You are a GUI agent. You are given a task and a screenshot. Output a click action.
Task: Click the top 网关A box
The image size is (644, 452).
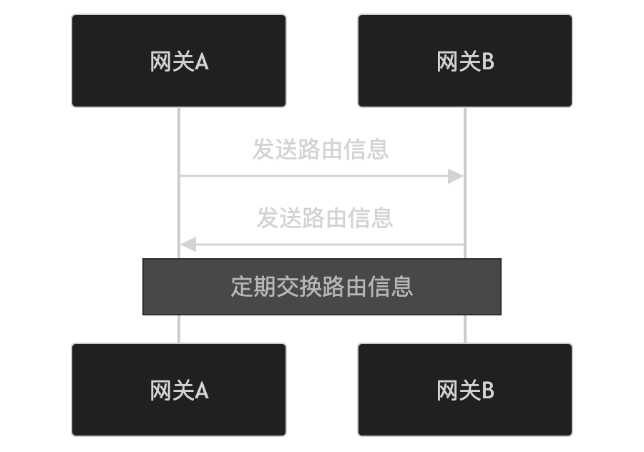179,61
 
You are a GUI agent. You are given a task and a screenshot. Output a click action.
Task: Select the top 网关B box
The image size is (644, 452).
465,61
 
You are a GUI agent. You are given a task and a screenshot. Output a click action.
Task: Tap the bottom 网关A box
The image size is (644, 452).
179,390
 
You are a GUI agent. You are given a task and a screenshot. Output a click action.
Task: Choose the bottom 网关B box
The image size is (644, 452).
465,390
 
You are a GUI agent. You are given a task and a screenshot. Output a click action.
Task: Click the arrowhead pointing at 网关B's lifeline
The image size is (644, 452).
457,176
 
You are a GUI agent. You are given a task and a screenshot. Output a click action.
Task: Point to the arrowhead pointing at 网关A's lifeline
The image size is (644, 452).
187,245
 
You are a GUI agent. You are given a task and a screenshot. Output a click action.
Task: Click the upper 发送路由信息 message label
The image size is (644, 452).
321,149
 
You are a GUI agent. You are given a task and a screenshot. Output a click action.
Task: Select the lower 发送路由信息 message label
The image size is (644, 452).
325,218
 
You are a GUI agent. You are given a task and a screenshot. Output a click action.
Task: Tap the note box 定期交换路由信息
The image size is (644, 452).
322,286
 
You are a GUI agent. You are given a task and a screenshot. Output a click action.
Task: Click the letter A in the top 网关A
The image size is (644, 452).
202,62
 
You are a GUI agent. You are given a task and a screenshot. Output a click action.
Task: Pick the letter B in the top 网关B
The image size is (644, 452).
488,62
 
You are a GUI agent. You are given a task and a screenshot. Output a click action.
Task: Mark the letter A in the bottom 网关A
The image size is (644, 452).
202,390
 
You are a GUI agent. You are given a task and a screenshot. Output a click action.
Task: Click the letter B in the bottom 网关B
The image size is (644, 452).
488,390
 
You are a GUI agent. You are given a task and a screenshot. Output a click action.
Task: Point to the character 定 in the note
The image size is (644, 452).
242,286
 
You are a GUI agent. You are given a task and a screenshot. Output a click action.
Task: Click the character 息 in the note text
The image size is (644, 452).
402,286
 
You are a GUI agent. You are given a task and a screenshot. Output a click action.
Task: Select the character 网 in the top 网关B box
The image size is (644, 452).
447,62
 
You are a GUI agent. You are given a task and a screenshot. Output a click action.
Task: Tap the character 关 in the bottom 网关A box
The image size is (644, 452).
184,390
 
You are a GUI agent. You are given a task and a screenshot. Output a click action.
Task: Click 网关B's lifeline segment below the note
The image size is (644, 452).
465,329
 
